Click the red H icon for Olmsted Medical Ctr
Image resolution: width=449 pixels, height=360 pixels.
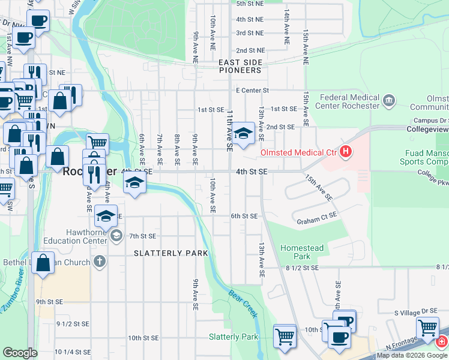pos(345,152)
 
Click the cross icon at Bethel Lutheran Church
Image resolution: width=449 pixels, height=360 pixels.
pos(100,262)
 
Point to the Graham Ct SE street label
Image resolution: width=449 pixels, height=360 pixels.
pos(317,221)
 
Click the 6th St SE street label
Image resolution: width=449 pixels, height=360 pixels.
pos(244,216)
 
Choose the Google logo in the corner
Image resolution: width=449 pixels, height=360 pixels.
pos(19,353)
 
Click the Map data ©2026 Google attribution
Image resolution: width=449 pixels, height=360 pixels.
pos(412,355)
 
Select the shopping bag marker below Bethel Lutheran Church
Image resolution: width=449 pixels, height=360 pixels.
pos(43,264)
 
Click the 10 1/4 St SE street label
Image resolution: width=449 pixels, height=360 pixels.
pos(73,352)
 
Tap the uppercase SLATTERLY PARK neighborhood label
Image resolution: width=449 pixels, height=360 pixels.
pos(170,253)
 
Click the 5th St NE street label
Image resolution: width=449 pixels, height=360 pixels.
pos(250,4)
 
